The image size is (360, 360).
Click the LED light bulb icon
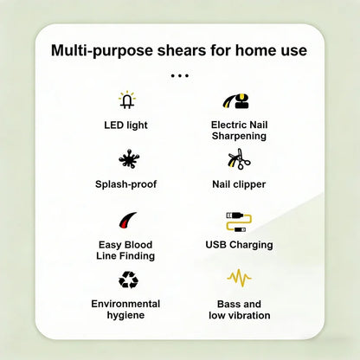tap(127, 100)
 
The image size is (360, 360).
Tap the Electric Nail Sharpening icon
tap(236, 100)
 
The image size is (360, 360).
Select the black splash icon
tap(129, 159)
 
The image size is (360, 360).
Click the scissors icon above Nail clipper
tap(239, 159)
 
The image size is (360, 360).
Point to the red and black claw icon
tap(127, 221)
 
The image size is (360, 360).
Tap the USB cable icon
tap(239, 222)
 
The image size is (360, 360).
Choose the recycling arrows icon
tap(128, 280)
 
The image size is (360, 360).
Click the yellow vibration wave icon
tap(239, 278)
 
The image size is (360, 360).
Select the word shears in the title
tap(182, 50)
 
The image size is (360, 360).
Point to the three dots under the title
tap(179, 76)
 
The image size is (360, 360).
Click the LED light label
tap(125, 125)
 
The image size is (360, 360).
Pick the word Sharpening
tap(239, 136)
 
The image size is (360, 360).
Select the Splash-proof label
tap(126, 184)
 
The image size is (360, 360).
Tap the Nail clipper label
tap(239, 184)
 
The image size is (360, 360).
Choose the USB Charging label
tap(239, 245)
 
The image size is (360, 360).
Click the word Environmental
tap(125, 304)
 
